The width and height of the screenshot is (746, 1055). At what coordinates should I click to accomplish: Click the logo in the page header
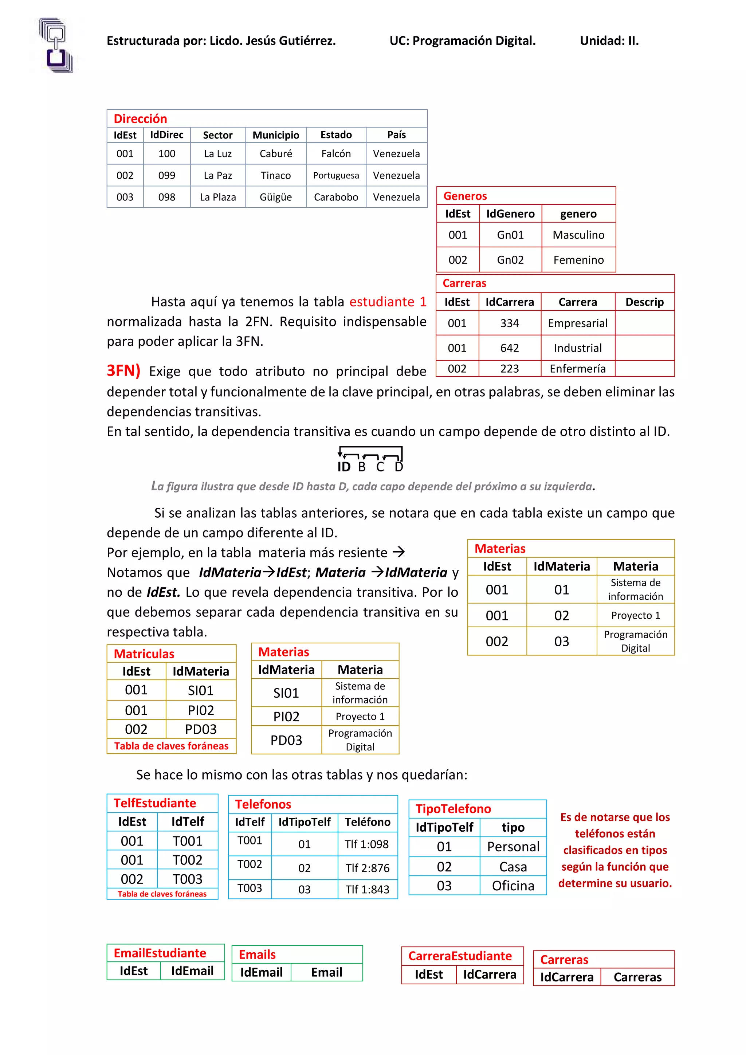[x=56, y=46]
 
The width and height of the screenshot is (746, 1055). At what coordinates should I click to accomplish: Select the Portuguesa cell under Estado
[x=336, y=176]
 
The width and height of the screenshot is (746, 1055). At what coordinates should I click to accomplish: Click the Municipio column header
[x=276, y=135]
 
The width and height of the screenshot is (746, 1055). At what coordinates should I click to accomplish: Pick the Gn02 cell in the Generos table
[x=510, y=260]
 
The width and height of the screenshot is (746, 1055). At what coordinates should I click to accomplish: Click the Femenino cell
[x=578, y=260]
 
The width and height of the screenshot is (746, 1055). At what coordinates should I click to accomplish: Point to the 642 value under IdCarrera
[x=510, y=348]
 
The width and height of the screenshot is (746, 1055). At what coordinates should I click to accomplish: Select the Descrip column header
[x=644, y=302]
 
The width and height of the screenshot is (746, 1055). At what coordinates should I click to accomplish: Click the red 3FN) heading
[x=123, y=370]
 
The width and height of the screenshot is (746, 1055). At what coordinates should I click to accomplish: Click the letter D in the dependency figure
[x=399, y=467]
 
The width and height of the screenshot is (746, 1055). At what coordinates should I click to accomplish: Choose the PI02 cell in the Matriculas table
[x=201, y=710]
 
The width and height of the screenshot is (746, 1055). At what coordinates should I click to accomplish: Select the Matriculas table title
[x=144, y=654]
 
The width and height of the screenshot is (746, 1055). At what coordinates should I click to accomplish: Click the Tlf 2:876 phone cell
[x=367, y=868]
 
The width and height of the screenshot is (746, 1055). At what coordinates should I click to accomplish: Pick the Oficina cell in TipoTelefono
[x=513, y=886]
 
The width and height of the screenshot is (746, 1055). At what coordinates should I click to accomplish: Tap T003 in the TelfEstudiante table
[x=188, y=879]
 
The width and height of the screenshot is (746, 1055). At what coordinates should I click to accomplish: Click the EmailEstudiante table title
[x=160, y=953]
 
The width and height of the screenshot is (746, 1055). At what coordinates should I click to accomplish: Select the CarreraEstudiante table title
[x=460, y=956]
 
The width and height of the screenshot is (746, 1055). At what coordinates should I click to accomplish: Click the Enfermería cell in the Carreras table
[x=577, y=369]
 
